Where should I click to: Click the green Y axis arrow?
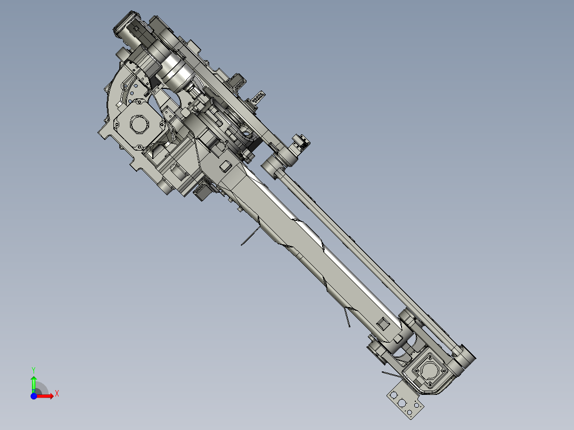(34, 382)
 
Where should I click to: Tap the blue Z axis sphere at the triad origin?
(34, 396)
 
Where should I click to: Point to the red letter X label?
(56, 393)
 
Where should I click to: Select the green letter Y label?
(33, 369)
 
